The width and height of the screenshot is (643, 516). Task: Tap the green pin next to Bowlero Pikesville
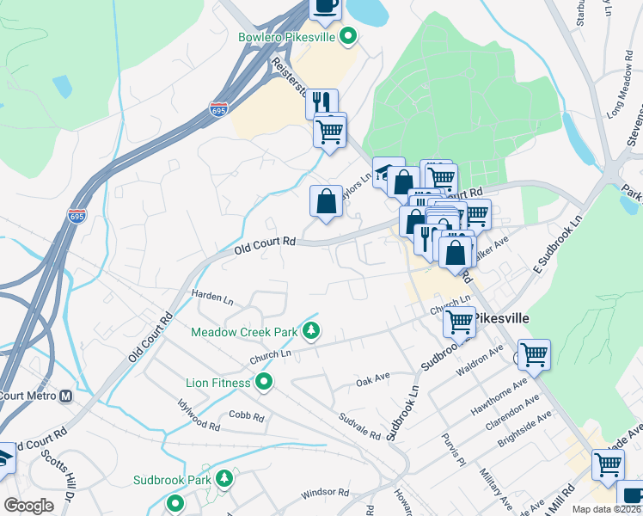click(x=348, y=36)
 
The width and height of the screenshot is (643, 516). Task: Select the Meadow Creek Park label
click(x=243, y=331)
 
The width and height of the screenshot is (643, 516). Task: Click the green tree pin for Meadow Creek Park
click(x=310, y=330)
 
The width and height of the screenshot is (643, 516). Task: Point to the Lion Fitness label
click(x=218, y=382)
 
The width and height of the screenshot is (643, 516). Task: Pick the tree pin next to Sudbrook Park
click(x=224, y=479)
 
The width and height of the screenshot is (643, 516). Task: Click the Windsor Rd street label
click(x=325, y=494)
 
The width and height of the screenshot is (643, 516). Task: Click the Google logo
click(x=29, y=506)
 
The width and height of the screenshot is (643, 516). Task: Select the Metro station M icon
click(x=65, y=396)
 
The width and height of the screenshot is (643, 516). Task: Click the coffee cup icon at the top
click(x=325, y=7)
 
